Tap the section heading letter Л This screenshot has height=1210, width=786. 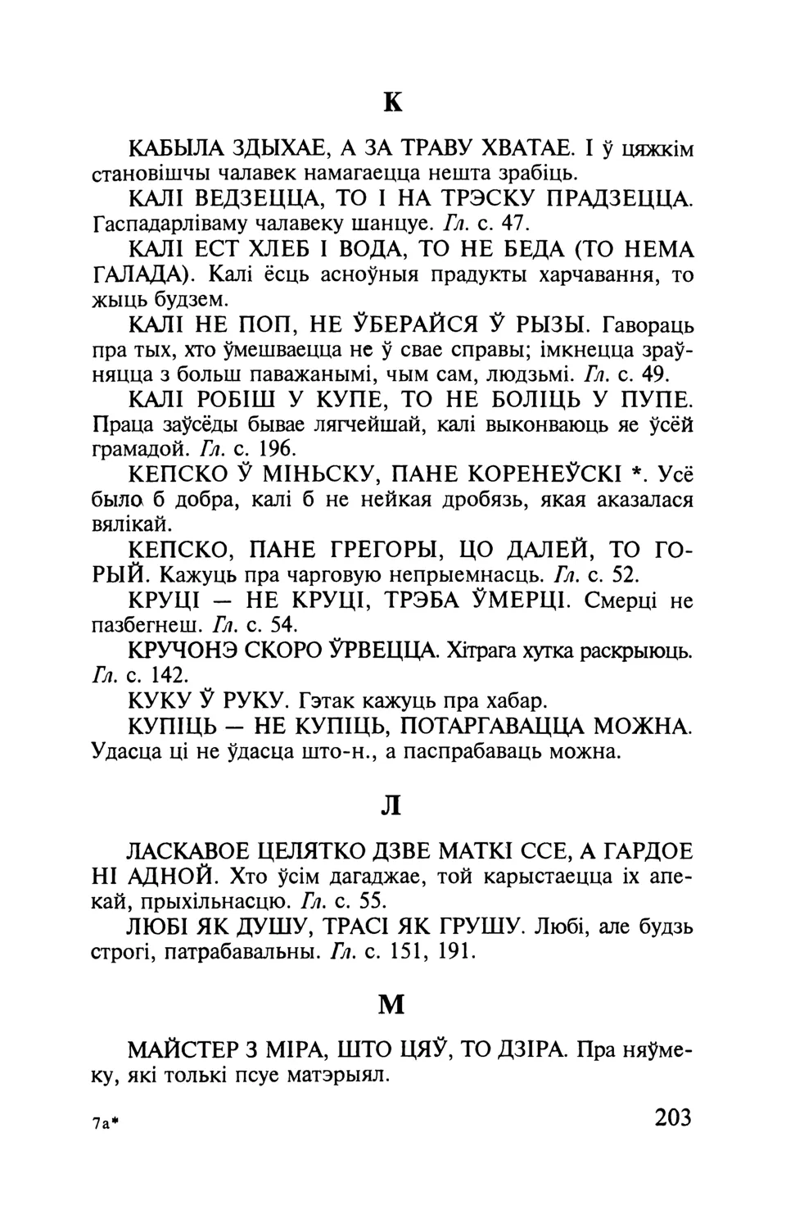pos(392,805)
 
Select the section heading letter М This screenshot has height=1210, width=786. pos(392,1004)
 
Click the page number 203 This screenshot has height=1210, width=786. pos(673,1117)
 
